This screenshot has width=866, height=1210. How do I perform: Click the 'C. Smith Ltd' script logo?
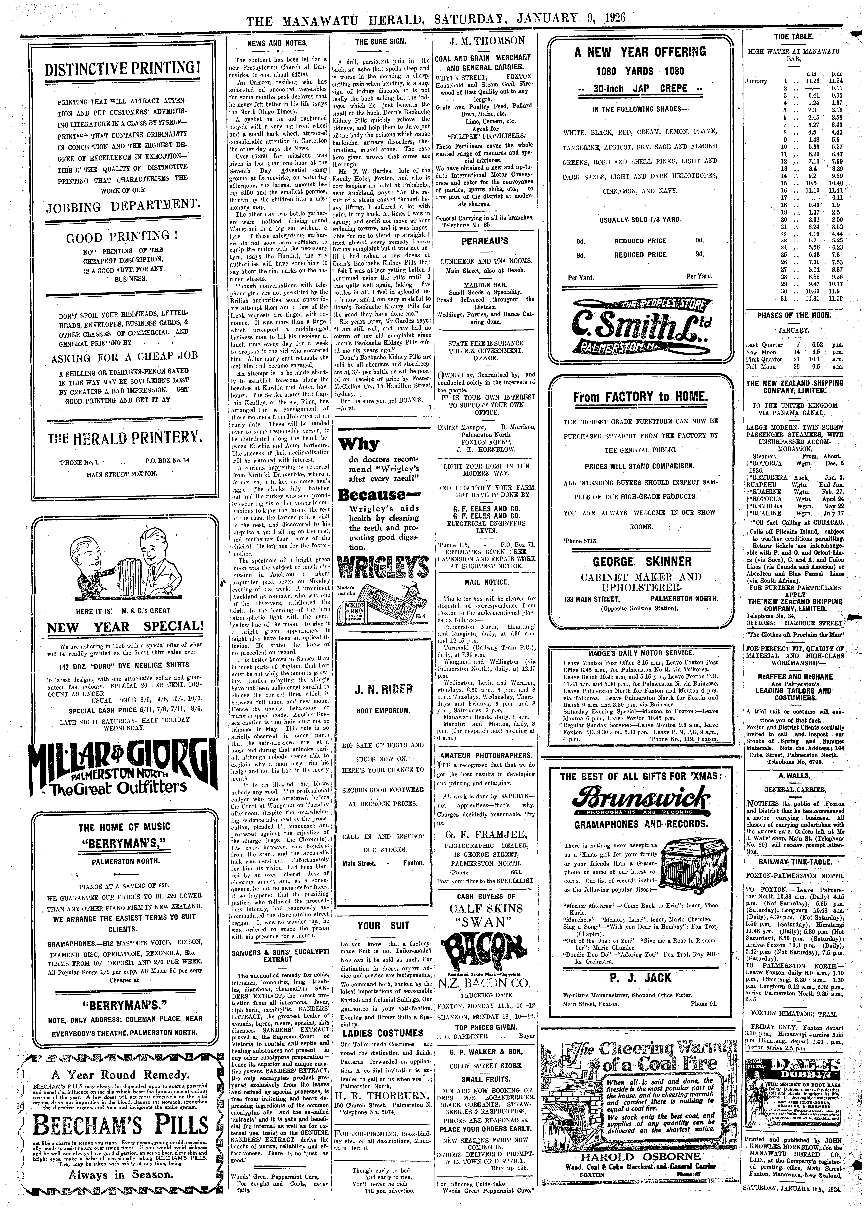636,328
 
